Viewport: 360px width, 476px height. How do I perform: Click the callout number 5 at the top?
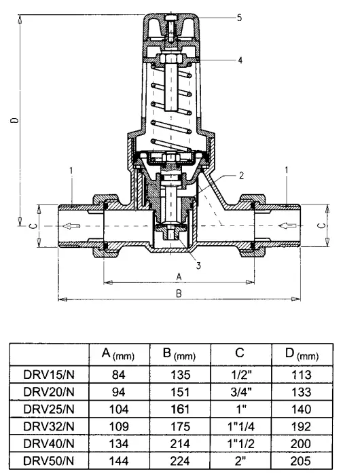click(x=240, y=18)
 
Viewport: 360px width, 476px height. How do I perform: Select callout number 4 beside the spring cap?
click(x=240, y=60)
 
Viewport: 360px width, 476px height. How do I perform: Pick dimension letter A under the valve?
click(x=179, y=276)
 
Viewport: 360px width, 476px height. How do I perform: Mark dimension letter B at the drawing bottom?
click(x=179, y=293)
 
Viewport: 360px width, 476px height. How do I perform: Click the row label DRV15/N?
click(x=49, y=374)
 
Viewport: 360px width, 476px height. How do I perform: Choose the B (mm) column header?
click(x=179, y=354)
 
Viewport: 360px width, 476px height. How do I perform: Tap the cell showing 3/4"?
click(x=241, y=392)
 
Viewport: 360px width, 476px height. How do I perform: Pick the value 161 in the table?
click(x=179, y=409)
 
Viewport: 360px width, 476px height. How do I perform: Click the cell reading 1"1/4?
click(x=241, y=427)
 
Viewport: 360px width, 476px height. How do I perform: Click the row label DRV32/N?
click(x=49, y=427)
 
